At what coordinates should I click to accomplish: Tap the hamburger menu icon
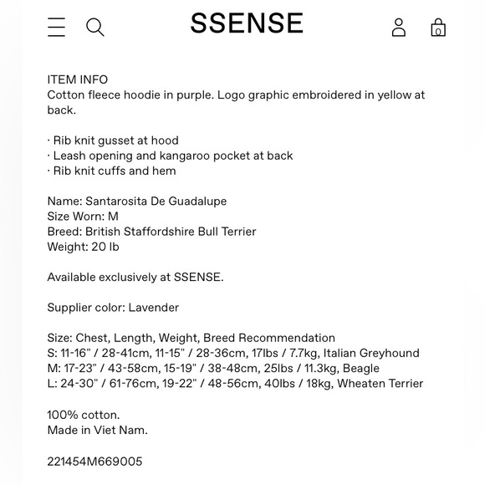(x=56, y=28)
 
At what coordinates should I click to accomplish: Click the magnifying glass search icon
(x=95, y=28)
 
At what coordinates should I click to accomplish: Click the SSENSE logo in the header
(x=247, y=23)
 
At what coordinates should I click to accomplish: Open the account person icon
(x=399, y=28)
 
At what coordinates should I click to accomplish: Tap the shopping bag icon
(x=438, y=28)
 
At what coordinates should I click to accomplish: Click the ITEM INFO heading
(x=78, y=80)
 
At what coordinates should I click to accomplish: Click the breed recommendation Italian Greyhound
(x=371, y=354)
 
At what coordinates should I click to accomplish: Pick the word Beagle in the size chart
(x=360, y=369)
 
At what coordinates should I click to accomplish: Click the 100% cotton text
(x=84, y=415)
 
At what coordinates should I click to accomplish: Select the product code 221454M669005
(x=94, y=462)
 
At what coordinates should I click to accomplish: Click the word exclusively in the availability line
(x=139, y=278)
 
